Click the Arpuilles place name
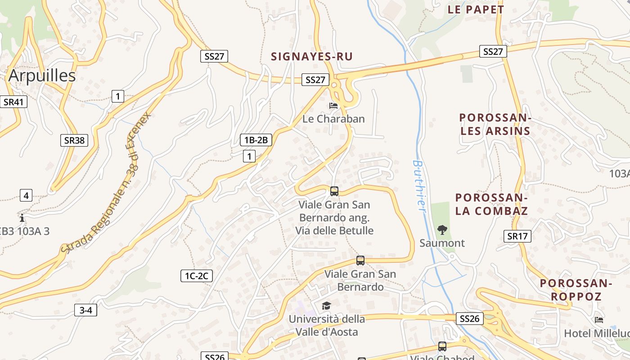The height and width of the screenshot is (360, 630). click(42, 76)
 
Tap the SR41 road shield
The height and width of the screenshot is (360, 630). click(13, 102)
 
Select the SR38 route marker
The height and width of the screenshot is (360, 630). click(74, 140)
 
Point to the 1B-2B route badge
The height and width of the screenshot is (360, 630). click(256, 140)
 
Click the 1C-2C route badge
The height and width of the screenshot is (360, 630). click(196, 276)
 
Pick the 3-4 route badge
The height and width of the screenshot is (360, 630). click(85, 310)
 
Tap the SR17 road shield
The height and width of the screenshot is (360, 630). click(517, 236)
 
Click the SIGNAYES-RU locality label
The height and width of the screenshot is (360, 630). click(311, 57)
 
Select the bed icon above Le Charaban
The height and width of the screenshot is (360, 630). click(333, 106)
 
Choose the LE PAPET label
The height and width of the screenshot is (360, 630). click(476, 9)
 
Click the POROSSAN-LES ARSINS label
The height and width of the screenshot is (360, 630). click(495, 125)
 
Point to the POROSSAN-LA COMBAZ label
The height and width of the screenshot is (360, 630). click(491, 204)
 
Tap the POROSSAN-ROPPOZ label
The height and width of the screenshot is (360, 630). click(576, 290)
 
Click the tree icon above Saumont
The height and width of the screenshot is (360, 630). click(442, 230)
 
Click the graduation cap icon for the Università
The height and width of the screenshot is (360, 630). click(326, 306)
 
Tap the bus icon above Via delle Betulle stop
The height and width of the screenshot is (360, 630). click(334, 191)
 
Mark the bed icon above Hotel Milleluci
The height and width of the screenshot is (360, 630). click(599, 320)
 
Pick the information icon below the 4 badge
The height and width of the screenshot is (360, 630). click(22, 218)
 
